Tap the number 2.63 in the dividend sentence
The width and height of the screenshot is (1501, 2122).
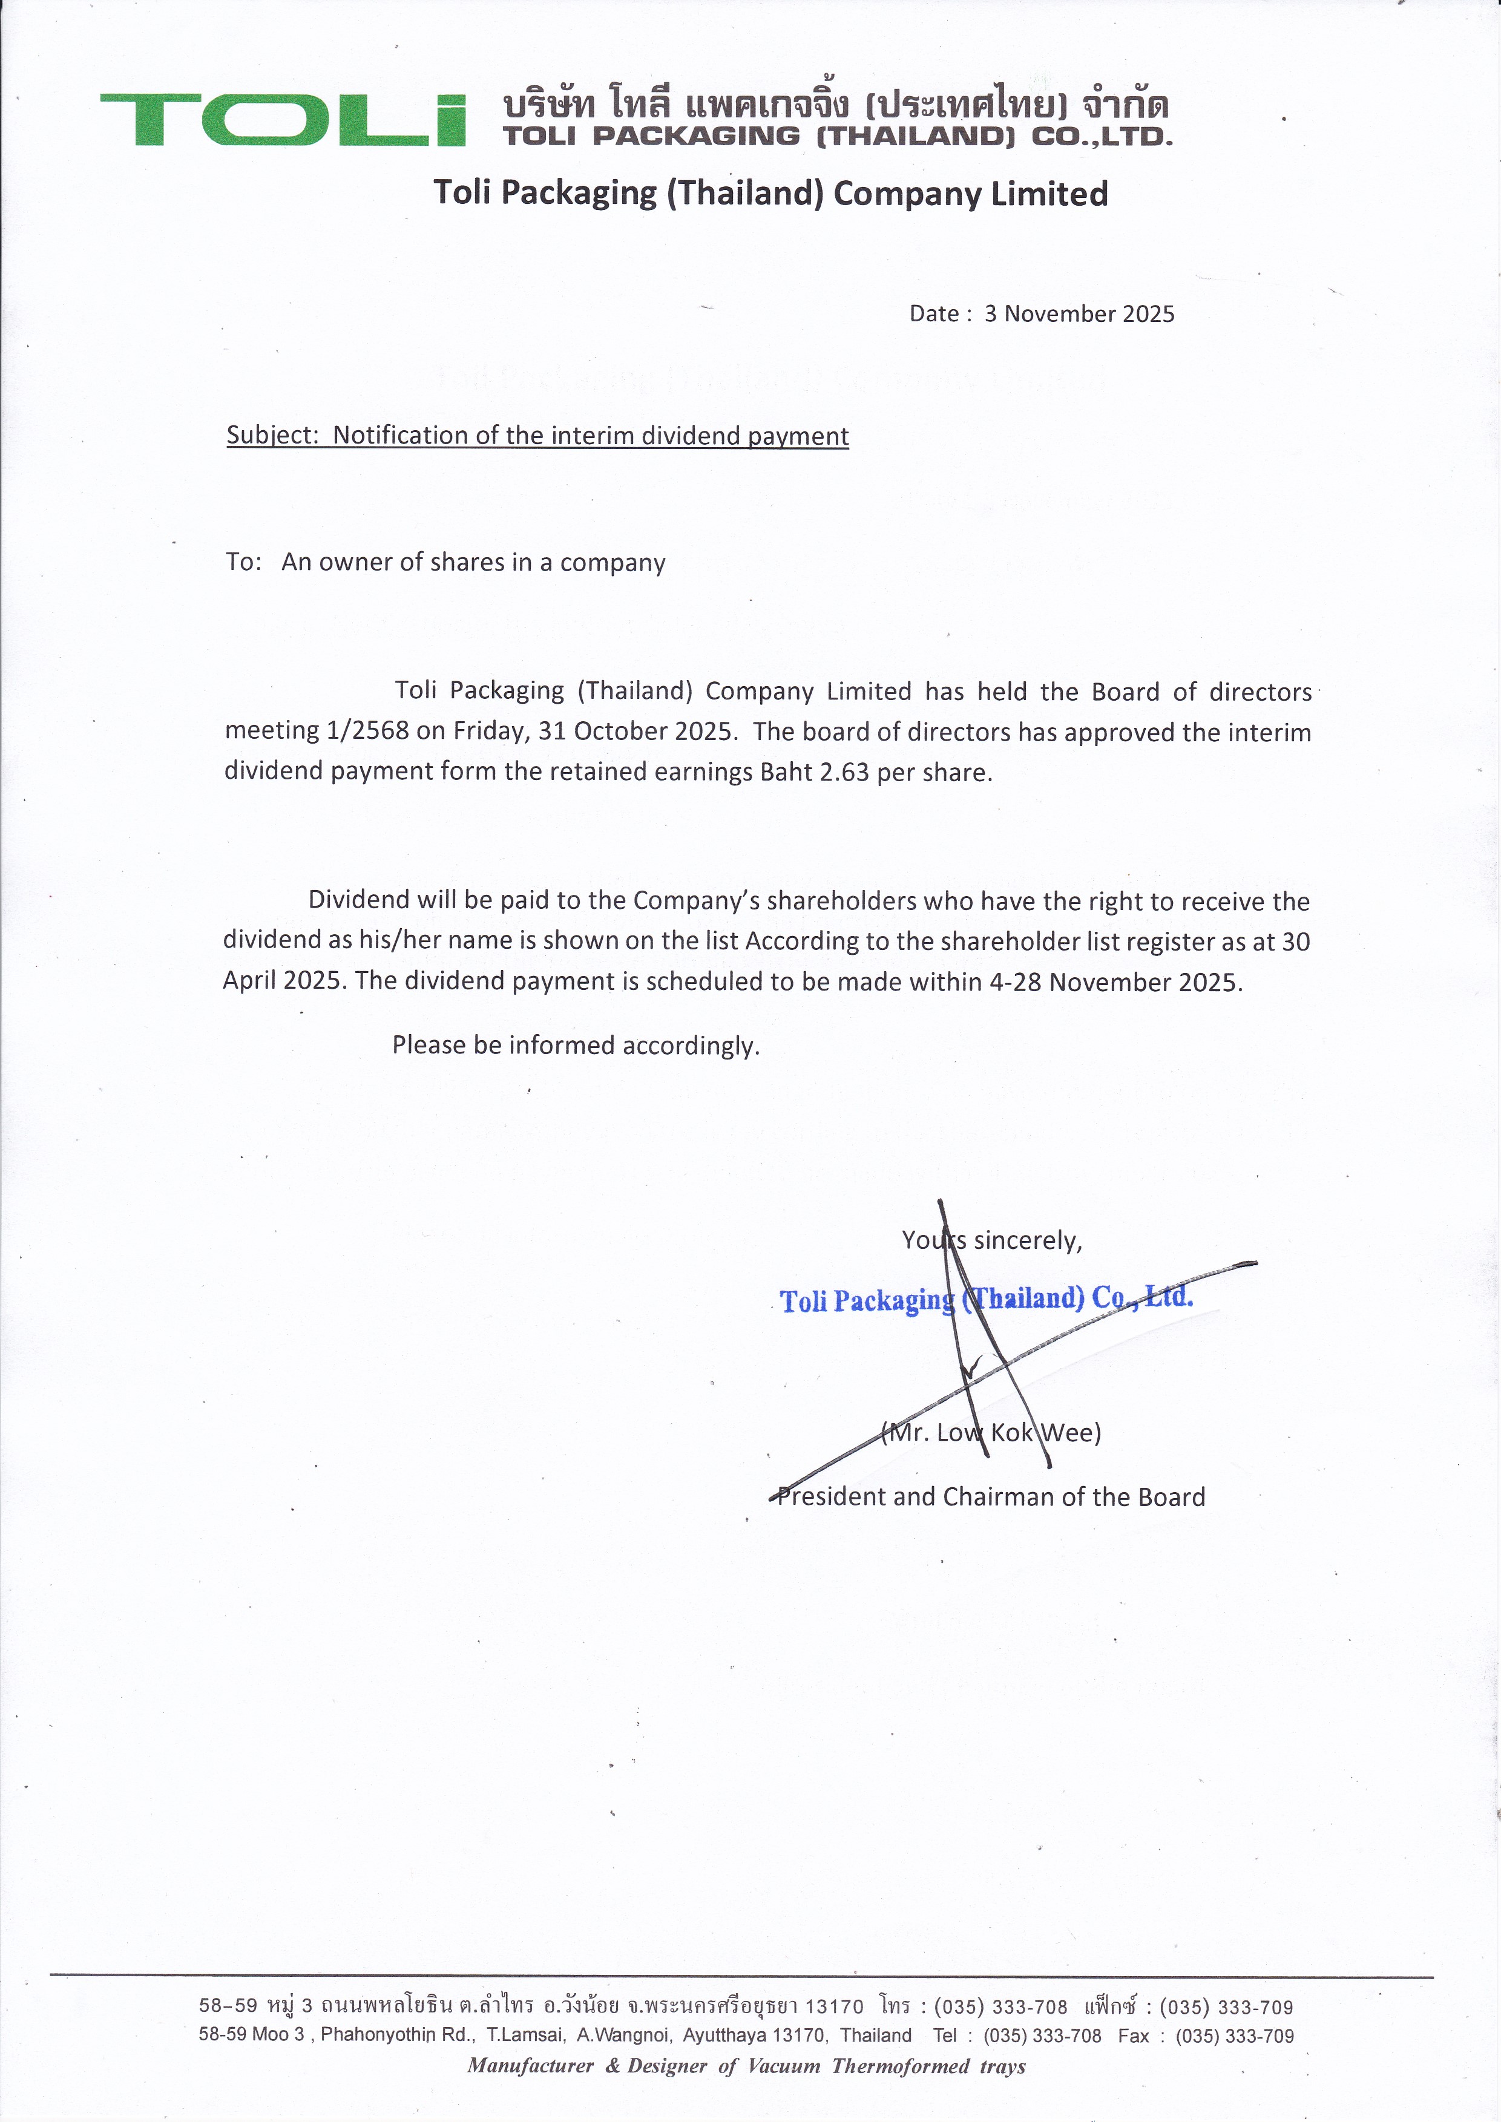pos(844,773)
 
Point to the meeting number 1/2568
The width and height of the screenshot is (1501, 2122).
pos(368,731)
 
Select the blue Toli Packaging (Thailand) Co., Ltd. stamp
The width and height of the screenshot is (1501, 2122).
pos(986,1300)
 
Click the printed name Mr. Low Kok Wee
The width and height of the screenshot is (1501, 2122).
pos(991,1433)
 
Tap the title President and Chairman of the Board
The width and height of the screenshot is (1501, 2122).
pos(991,1496)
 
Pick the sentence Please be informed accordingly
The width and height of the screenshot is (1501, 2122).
pos(575,1046)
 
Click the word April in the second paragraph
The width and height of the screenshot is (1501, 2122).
pos(249,981)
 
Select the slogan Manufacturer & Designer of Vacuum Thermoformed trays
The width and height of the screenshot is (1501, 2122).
pos(746,2066)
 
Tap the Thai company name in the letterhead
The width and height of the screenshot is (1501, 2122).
pos(835,105)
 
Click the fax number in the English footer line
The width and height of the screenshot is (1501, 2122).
pos(1234,2036)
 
